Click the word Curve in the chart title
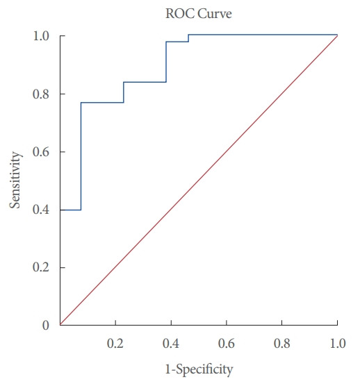[x=204, y=12]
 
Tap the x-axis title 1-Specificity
[x=199, y=368]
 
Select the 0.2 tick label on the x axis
[x=115, y=343]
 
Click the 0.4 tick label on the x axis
[x=171, y=343]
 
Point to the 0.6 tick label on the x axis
[x=227, y=343]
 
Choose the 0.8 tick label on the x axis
[x=282, y=343]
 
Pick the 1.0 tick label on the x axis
[x=337, y=343]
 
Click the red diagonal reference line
[x=199, y=180]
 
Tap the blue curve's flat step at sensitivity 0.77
[x=102, y=103]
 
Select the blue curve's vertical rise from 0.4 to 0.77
[x=81, y=156]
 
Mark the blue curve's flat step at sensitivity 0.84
[x=145, y=82]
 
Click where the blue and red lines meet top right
[x=337, y=35]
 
